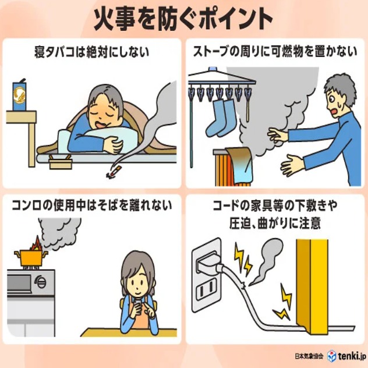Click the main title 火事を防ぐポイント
click(x=183, y=19)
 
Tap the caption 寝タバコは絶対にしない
click(x=92, y=52)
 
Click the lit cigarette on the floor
click(x=114, y=172)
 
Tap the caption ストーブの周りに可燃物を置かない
click(x=275, y=52)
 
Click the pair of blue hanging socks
click(x=220, y=118)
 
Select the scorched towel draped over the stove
click(x=239, y=163)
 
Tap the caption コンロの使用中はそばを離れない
click(x=92, y=206)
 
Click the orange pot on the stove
click(x=31, y=257)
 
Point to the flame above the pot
click(x=36, y=243)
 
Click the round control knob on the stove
click(x=41, y=281)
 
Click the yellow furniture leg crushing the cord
click(x=312, y=285)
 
